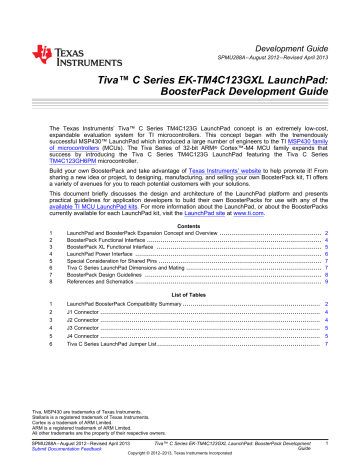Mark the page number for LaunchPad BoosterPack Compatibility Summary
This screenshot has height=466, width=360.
click(x=327, y=332)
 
